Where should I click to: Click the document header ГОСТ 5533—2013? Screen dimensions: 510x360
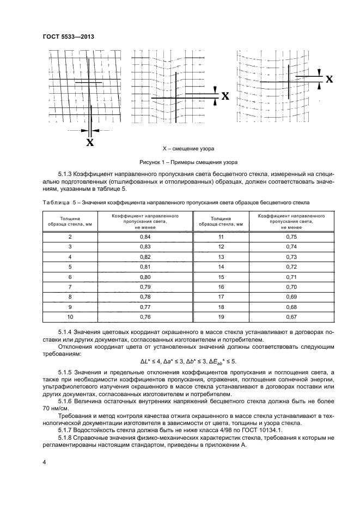coord(68,37)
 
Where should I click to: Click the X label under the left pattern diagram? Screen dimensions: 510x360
coord(90,143)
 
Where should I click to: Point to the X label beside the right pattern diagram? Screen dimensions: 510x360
coord(329,79)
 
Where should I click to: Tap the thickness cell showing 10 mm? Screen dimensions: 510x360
coord(70,316)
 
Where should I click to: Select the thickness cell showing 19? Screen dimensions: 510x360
coord(221,316)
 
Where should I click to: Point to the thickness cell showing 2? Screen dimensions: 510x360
coord(70,237)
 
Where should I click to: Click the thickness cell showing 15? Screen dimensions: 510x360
coord(221,276)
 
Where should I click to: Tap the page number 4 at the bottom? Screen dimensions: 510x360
coord(44,462)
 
